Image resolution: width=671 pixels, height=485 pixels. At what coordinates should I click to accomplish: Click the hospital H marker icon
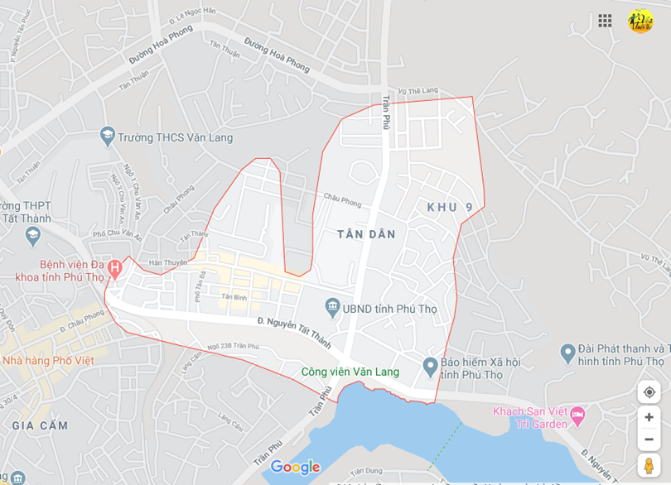click(x=114, y=268)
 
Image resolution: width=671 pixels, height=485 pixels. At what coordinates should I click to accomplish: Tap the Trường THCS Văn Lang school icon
click(x=107, y=135)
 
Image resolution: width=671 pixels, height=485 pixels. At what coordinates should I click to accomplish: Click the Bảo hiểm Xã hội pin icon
click(x=430, y=365)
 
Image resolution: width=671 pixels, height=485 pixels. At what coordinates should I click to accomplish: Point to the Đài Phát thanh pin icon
click(x=567, y=353)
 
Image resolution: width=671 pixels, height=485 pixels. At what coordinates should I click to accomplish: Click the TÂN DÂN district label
click(x=366, y=234)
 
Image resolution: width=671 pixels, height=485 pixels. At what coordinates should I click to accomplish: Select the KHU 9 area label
click(x=450, y=207)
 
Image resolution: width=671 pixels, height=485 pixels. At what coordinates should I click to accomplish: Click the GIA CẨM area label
click(x=40, y=425)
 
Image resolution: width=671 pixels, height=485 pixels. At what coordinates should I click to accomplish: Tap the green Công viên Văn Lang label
click(x=350, y=372)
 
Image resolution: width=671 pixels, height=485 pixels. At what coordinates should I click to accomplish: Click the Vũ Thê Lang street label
click(x=418, y=91)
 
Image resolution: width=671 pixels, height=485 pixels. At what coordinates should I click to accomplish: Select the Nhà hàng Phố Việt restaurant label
click(x=48, y=360)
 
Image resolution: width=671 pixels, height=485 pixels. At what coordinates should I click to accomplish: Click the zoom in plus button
click(x=649, y=417)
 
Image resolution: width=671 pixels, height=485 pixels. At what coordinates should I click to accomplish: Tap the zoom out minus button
click(x=649, y=439)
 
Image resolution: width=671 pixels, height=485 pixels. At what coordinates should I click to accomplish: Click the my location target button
click(x=649, y=391)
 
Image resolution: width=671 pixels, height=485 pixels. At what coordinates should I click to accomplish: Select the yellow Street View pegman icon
click(x=649, y=465)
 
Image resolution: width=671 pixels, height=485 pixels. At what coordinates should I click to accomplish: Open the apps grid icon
click(x=606, y=21)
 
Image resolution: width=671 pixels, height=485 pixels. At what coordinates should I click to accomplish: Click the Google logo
click(x=295, y=468)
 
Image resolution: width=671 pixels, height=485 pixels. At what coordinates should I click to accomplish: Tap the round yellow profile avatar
click(x=640, y=21)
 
